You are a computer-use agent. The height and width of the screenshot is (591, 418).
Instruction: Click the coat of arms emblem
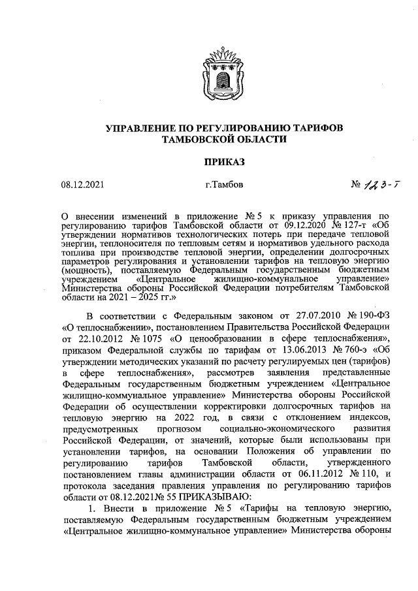coord(209,67)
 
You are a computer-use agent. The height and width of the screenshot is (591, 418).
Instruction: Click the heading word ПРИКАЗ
coord(209,160)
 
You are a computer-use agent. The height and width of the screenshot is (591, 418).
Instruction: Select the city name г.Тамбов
coord(224,185)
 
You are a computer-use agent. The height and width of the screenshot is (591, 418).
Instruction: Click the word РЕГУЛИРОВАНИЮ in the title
coord(217,127)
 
